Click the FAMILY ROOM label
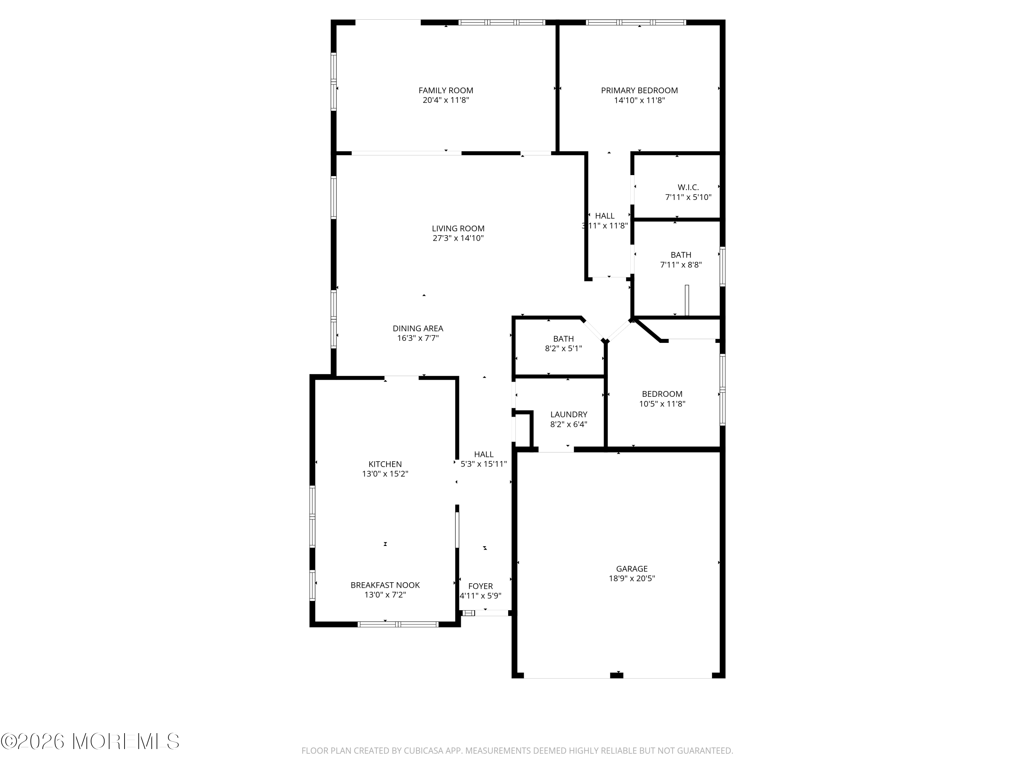(x=445, y=90)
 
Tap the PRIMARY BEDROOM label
(x=639, y=90)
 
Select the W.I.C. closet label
(x=688, y=187)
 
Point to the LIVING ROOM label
(x=458, y=229)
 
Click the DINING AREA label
(x=418, y=329)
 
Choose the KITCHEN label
(x=385, y=464)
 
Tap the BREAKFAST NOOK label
(x=385, y=585)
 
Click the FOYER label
(x=481, y=586)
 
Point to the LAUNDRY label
(x=569, y=414)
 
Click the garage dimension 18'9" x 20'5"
(x=632, y=578)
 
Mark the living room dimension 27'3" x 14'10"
(x=458, y=238)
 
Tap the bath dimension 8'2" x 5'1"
(x=563, y=348)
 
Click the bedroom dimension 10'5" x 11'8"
(x=662, y=404)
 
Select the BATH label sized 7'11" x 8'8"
(x=681, y=255)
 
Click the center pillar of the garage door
(x=617, y=675)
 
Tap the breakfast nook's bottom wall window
(x=398, y=624)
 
